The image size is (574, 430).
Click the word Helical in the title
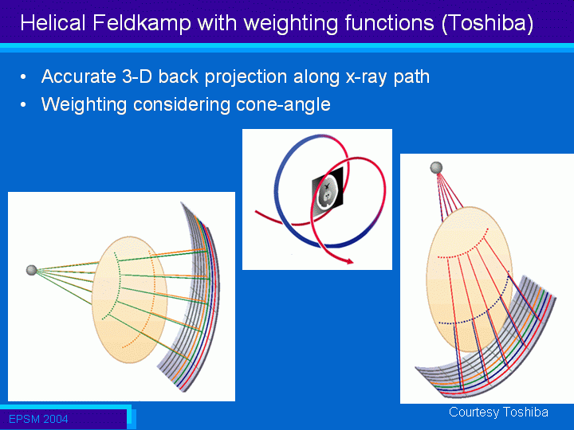53,22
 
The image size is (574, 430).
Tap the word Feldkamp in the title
142,22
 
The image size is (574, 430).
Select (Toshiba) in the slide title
488,23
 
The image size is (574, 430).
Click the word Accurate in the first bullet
78,76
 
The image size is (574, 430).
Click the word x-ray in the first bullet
367,77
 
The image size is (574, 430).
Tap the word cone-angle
283,105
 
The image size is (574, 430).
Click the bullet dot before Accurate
23,77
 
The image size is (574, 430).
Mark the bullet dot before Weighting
23,105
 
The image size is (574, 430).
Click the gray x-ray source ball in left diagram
31,270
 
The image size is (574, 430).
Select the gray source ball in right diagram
436,168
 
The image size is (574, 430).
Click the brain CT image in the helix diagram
328,192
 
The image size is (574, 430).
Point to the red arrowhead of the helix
350,260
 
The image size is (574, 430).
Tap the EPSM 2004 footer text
38,419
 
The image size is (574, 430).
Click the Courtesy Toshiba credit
498,412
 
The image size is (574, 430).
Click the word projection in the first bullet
246,77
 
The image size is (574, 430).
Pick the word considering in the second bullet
181,105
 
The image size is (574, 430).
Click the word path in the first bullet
411,77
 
